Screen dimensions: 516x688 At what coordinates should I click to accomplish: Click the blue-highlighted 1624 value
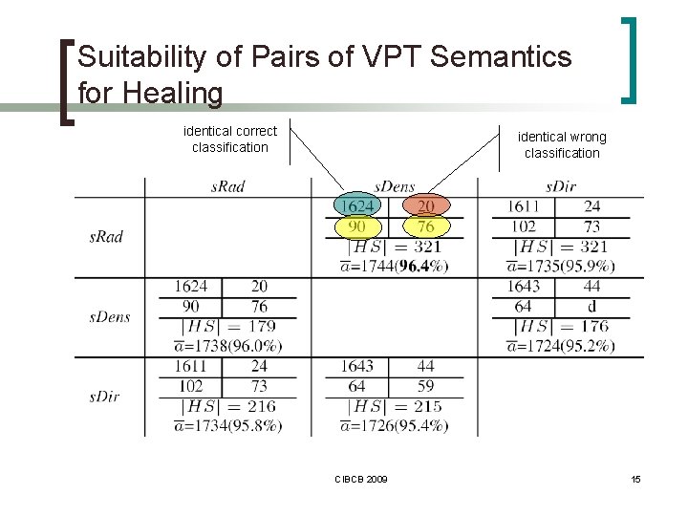(x=357, y=206)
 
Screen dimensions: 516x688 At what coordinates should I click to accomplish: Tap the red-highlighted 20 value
(x=426, y=206)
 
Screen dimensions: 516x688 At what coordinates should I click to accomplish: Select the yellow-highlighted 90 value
(x=357, y=226)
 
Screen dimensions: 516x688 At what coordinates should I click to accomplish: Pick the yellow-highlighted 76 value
(x=426, y=226)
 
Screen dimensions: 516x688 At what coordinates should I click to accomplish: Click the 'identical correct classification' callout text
(x=230, y=139)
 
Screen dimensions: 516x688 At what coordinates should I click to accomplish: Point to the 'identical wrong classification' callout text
(x=562, y=145)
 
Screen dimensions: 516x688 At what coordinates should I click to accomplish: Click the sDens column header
(x=394, y=186)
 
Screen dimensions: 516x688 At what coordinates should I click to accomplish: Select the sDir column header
(x=561, y=186)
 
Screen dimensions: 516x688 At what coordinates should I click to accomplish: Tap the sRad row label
(x=106, y=236)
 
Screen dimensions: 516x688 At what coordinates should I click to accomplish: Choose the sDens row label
(x=110, y=316)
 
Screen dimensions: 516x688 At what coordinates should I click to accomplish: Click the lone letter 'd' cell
(x=591, y=307)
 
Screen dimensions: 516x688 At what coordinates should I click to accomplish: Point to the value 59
(x=425, y=386)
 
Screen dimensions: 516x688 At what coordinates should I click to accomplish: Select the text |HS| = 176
(x=561, y=327)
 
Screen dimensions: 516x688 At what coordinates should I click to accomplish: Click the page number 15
(x=635, y=478)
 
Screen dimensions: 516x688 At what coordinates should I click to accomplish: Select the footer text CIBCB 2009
(x=361, y=478)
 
